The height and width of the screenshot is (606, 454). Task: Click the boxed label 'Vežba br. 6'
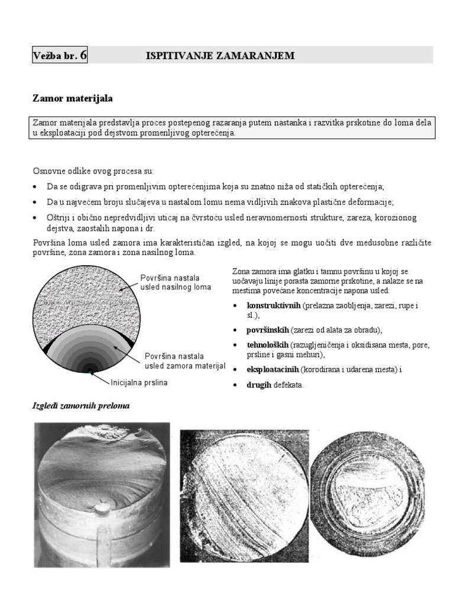pyautogui.click(x=60, y=55)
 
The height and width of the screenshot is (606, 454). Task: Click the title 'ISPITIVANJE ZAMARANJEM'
pyautogui.click(x=220, y=55)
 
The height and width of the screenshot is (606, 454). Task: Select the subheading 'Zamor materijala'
pyautogui.click(x=72, y=96)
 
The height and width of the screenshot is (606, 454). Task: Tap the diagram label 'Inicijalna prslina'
pyautogui.click(x=140, y=382)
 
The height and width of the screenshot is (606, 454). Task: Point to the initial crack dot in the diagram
pyautogui.click(x=89, y=371)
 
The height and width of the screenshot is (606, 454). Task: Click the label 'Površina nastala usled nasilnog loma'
pyautogui.click(x=175, y=282)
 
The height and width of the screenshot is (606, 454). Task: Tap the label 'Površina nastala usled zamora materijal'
pyautogui.click(x=184, y=362)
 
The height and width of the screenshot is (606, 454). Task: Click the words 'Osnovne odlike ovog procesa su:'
pyautogui.click(x=93, y=171)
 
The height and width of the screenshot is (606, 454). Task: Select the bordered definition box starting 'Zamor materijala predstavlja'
pyautogui.click(x=233, y=127)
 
